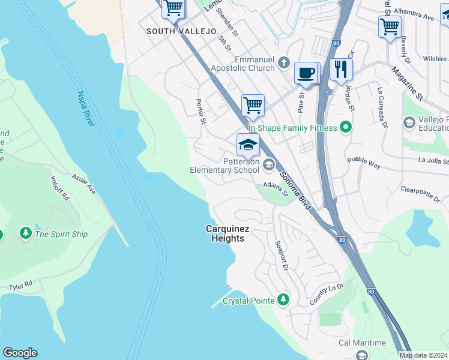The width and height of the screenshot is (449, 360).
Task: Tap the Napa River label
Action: pyautogui.click(x=85, y=109)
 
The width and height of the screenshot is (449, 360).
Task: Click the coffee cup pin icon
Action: pyautogui.click(x=306, y=73)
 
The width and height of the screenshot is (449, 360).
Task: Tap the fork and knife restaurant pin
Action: pyautogui.click(x=340, y=69)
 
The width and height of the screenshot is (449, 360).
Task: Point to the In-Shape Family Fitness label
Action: pyautogui.click(x=292, y=127)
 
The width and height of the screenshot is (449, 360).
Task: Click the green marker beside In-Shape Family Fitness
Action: pyautogui.click(x=345, y=127)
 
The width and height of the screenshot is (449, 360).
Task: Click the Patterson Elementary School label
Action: pyautogui.click(x=225, y=166)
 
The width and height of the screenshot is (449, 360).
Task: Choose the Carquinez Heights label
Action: pyautogui.click(x=225, y=233)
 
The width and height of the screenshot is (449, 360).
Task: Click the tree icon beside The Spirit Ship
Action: pyautogui.click(x=25, y=233)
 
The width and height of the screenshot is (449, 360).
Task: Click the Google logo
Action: pyautogui.click(x=20, y=353)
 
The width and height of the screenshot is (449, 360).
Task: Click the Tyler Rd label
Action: pyautogui.click(x=20, y=287)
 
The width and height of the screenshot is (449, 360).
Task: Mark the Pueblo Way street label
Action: pyautogui.click(x=364, y=161)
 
